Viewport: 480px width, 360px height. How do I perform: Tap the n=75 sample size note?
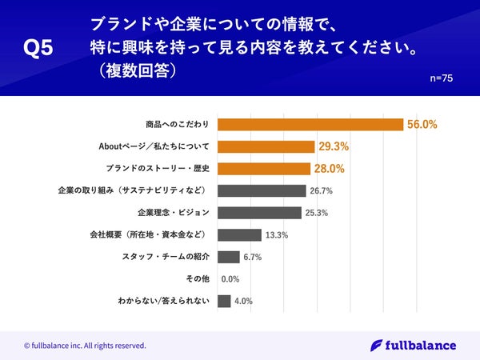pos(442,78)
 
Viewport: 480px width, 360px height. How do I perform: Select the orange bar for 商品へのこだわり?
pos(310,125)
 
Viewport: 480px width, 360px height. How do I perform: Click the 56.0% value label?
pos(422,125)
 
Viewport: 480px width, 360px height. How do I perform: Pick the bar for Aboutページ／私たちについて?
pos(266,147)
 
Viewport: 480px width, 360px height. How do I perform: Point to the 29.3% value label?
pos(333,147)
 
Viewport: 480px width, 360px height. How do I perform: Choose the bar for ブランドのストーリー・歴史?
pos(263,169)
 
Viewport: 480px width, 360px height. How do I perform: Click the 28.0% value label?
pos(328,169)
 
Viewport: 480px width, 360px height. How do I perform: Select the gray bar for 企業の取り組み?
pos(262,191)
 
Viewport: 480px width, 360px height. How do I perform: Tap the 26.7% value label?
pos(322,191)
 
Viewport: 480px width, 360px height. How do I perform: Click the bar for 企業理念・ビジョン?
pos(259,213)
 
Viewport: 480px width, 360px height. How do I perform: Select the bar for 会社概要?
pos(239,235)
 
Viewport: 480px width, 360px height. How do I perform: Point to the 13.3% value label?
pos(276,235)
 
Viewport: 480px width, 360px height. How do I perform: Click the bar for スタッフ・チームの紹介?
pos(228,257)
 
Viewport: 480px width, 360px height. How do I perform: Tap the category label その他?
pos(197,279)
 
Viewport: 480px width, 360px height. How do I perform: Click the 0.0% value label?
pos(230,279)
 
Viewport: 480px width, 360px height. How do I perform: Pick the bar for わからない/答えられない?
pos(224,302)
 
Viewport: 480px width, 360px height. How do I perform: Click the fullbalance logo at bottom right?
pos(414,346)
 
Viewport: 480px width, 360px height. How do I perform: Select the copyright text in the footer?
pos(85,346)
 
